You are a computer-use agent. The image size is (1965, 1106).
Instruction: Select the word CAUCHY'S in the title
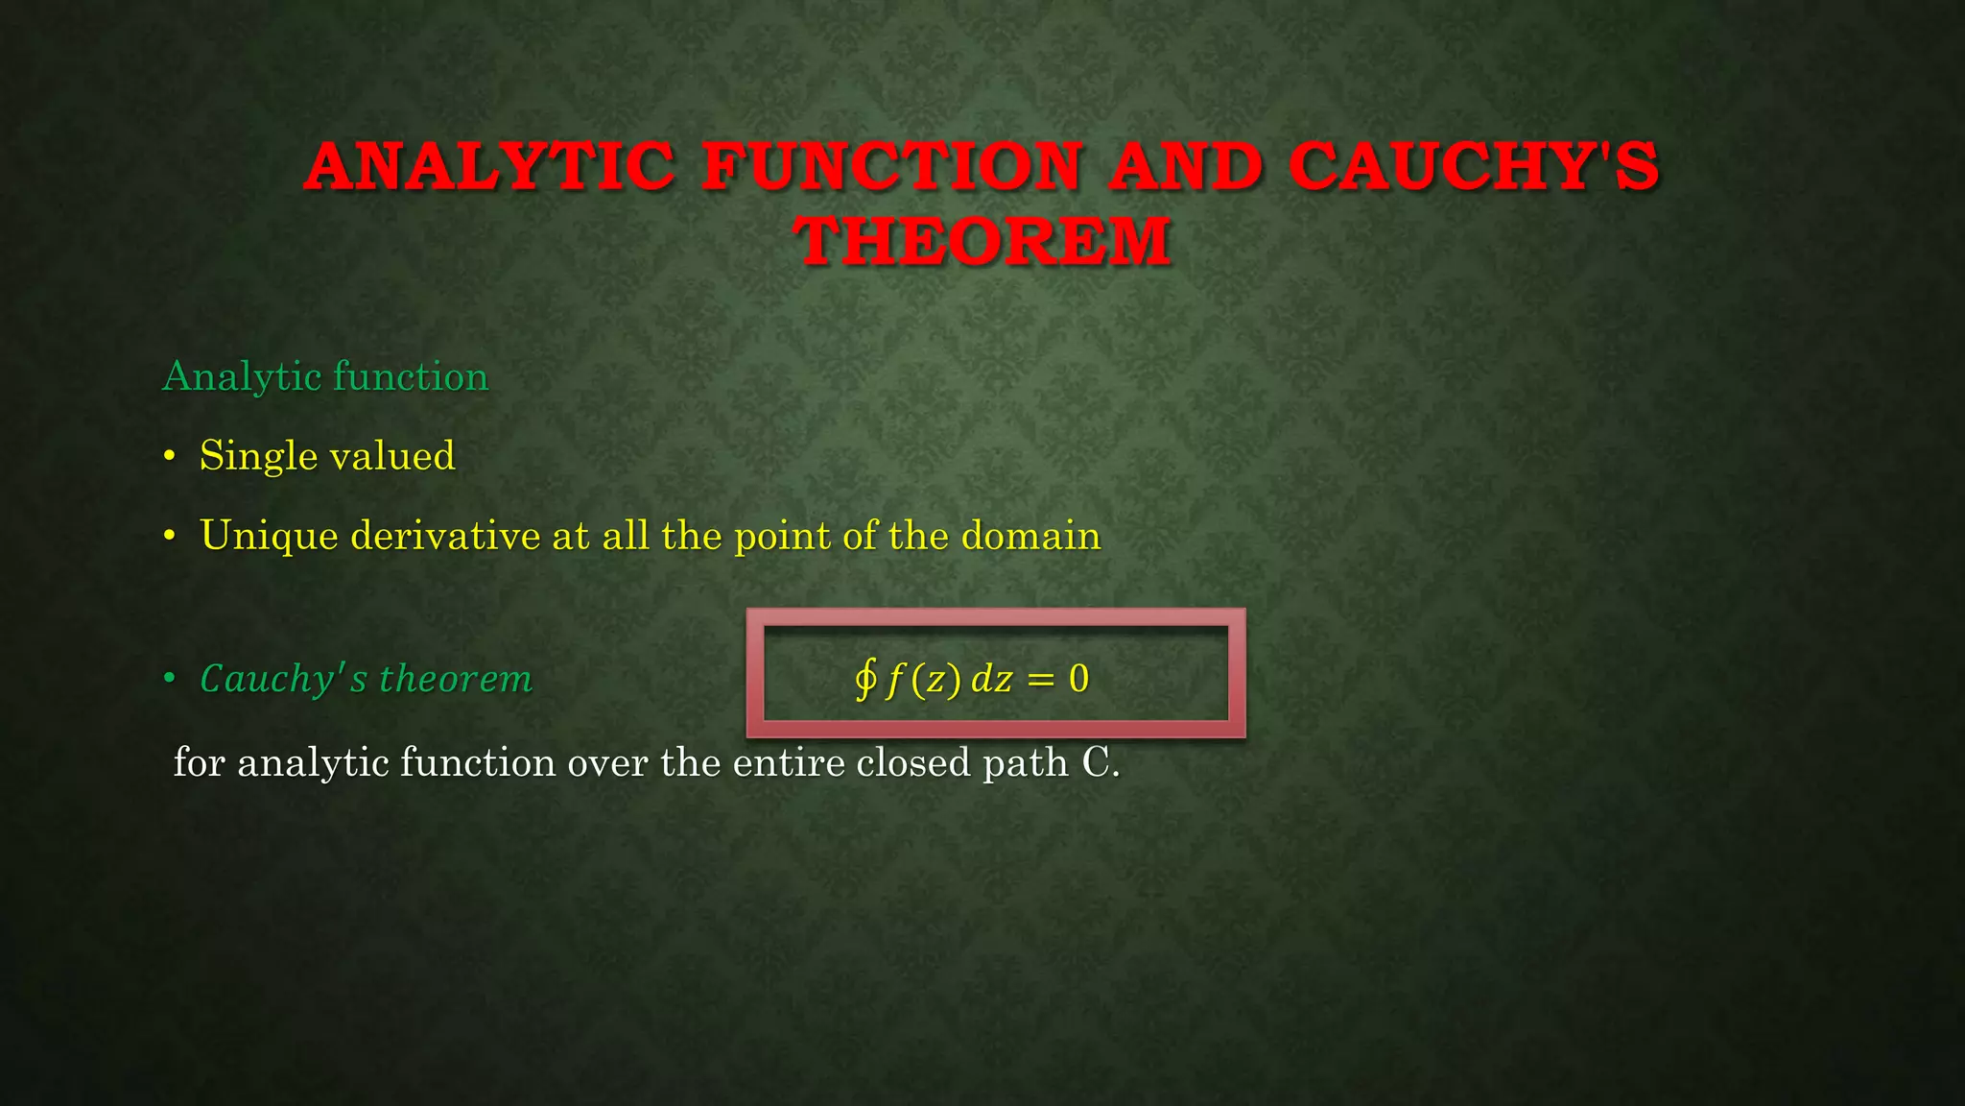pos(1474,167)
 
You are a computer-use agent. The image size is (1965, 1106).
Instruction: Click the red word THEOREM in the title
pos(982,241)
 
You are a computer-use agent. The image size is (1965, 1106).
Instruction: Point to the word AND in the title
pos(1186,167)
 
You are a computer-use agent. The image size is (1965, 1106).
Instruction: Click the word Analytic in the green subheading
pos(241,376)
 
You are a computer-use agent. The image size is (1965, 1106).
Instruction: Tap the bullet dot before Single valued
pos(169,457)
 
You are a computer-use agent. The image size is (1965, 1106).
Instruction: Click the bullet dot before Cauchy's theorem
pos(169,680)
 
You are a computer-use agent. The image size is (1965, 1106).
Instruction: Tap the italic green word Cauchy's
pos(283,679)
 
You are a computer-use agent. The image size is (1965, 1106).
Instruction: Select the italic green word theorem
pos(456,679)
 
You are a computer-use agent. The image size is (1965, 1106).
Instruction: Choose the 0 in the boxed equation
pos(1078,679)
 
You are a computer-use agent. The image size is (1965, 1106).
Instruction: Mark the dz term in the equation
pos(991,679)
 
